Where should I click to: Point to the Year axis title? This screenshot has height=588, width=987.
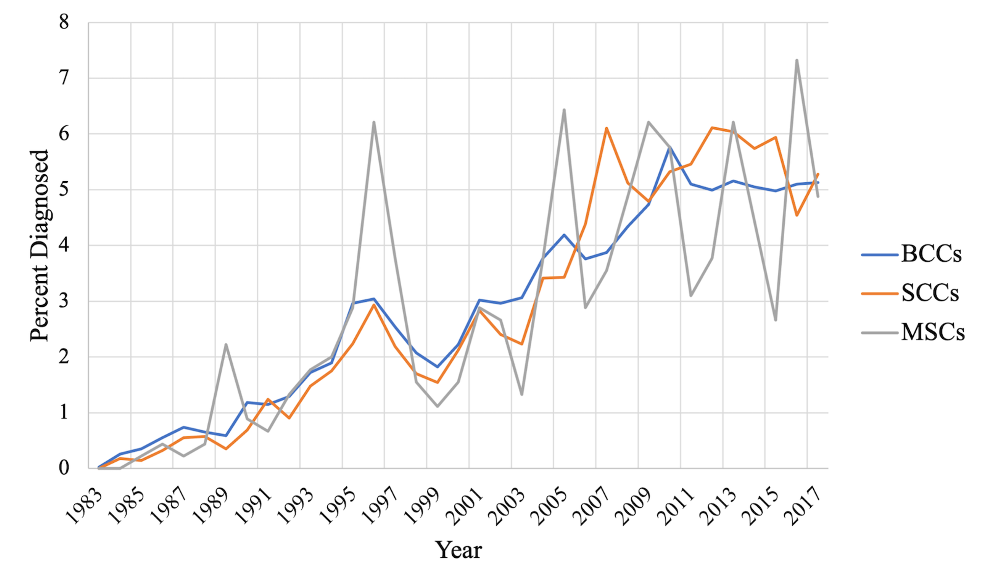(458, 550)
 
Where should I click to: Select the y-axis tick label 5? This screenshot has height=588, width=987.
(64, 190)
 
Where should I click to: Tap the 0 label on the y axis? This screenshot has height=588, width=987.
(64, 468)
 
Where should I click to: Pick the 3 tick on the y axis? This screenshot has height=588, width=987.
(64, 301)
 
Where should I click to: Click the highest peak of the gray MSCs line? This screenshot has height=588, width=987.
(797, 60)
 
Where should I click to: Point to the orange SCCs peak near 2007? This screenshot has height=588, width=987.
(606, 128)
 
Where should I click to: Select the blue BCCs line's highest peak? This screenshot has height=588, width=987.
(670, 148)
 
